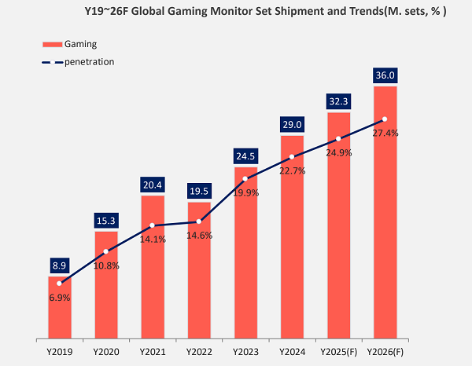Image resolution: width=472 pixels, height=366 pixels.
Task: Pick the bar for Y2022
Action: point(199,271)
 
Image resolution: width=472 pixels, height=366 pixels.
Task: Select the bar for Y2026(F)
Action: point(385,212)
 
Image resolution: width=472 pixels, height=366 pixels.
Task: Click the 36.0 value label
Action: point(385,76)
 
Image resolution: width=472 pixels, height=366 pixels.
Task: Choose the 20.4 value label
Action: point(153,185)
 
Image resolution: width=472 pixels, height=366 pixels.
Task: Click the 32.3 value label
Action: point(338,102)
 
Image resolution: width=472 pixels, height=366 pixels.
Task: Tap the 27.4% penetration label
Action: point(385,134)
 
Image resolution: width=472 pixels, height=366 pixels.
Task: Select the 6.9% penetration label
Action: point(60,298)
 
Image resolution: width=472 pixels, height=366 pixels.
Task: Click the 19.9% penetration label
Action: point(245,193)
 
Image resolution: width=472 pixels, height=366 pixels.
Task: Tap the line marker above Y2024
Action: point(292,156)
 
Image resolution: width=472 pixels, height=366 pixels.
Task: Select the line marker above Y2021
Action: point(153,225)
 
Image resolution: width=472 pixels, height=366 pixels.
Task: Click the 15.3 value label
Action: point(106,221)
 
